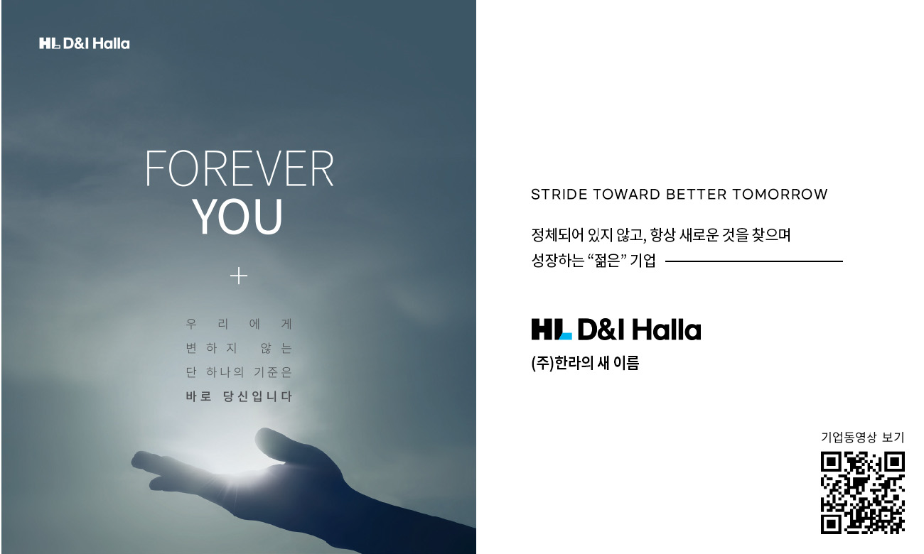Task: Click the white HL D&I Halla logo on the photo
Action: [84, 43]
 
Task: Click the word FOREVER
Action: [240, 168]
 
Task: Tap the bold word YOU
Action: [237, 217]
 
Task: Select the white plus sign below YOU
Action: [239, 276]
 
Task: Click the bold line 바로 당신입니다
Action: [239, 396]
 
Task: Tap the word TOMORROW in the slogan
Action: [780, 194]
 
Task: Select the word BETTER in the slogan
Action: [696, 194]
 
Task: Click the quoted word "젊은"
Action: [607, 261]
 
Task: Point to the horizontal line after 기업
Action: [754, 261]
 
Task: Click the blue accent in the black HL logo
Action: [565, 336]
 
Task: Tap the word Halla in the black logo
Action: [666, 330]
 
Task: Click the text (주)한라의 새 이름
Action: [585, 363]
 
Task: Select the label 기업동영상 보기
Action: [863, 438]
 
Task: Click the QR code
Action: [863, 493]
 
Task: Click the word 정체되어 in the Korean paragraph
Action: [557, 235]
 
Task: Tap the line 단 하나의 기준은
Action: [239, 372]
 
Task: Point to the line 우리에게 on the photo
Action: [239, 324]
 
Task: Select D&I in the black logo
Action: [602, 330]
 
